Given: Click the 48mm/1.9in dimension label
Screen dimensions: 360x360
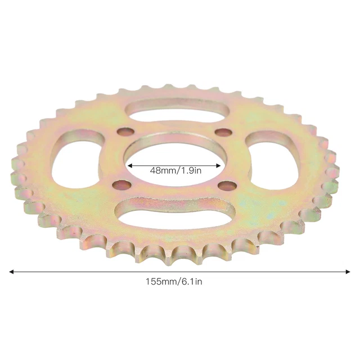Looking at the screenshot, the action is click(175, 170).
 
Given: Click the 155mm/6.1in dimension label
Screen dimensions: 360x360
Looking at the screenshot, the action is click(174, 281).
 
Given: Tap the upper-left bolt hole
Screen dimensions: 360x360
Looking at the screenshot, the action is click(125, 132).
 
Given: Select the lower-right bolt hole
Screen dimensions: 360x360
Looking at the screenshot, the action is click(227, 185).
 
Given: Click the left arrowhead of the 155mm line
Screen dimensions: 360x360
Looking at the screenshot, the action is click(11, 272).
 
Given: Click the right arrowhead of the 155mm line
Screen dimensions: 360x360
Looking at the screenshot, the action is click(348, 272).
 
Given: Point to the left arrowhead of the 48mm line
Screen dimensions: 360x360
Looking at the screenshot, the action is click(130, 165).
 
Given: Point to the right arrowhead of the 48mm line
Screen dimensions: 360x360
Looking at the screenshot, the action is click(218, 165).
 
